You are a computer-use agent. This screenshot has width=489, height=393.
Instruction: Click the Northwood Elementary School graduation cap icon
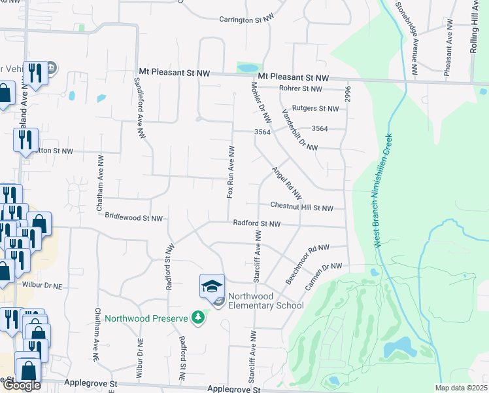212,286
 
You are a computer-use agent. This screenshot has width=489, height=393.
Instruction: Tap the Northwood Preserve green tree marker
198,318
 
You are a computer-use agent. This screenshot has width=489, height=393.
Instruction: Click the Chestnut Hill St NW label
303,208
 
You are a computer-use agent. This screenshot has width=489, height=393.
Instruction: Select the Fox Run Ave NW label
231,172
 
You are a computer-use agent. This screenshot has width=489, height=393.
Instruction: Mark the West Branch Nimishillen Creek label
383,190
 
